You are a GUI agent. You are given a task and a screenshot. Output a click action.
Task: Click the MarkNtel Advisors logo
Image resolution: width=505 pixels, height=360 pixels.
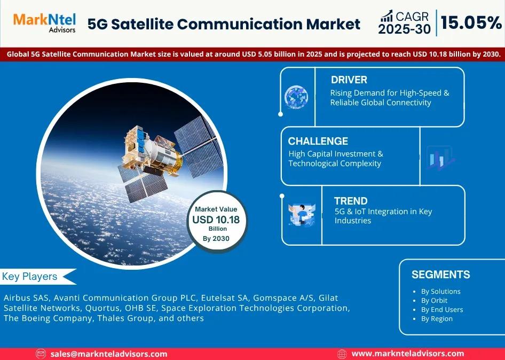(44, 23)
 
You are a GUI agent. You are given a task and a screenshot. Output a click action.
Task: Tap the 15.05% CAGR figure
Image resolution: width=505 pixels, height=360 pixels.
(471, 23)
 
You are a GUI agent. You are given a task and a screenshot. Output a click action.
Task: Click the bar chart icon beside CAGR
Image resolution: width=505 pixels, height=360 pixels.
(386, 16)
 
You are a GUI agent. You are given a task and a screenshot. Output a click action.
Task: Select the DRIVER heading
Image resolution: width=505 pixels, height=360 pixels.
(349, 80)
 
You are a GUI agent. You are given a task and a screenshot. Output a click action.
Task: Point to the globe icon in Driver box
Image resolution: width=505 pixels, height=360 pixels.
(296, 97)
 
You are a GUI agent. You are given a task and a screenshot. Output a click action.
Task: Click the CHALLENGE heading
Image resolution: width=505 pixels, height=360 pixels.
(318, 141)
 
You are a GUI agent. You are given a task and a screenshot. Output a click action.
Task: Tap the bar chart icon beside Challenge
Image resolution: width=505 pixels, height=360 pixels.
(440, 158)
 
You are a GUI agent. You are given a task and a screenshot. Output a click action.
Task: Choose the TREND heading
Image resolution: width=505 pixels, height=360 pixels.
(351, 201)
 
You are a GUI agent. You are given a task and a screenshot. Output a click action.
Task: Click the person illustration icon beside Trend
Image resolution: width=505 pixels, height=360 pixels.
(302, 214)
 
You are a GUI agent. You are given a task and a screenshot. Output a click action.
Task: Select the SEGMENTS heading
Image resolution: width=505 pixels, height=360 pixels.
(440, 275)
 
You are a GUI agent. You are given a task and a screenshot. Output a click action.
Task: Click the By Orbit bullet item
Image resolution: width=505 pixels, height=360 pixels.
(434, 301)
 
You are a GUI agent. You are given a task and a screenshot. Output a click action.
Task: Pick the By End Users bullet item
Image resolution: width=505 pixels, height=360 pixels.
(442, 310)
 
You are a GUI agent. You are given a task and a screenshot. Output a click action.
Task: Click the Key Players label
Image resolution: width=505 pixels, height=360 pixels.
(30, 277)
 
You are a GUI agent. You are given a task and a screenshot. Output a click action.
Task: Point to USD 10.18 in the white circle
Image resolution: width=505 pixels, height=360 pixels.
(216, 220)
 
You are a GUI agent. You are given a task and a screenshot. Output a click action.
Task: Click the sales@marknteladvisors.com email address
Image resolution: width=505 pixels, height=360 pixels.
(108, 354)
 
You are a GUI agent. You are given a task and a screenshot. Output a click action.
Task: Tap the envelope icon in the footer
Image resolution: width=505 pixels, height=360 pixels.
(41, 354)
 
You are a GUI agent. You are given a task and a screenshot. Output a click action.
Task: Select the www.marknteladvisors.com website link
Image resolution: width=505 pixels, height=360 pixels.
(408, 354)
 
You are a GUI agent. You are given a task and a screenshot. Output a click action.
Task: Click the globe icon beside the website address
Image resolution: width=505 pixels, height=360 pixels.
(342, 354)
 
